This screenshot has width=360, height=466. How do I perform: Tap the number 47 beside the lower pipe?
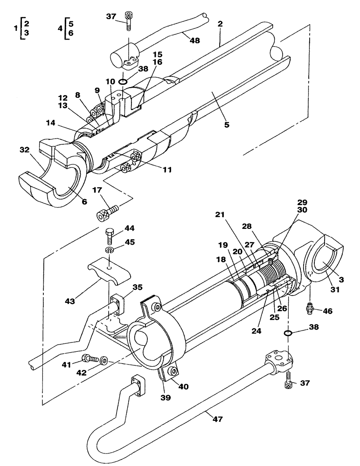(217, 419)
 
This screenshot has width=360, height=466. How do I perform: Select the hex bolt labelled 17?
(106, 213)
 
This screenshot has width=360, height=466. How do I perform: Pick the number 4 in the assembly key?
(60, 28)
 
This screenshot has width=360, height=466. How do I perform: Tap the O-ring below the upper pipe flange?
(123, 82)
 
